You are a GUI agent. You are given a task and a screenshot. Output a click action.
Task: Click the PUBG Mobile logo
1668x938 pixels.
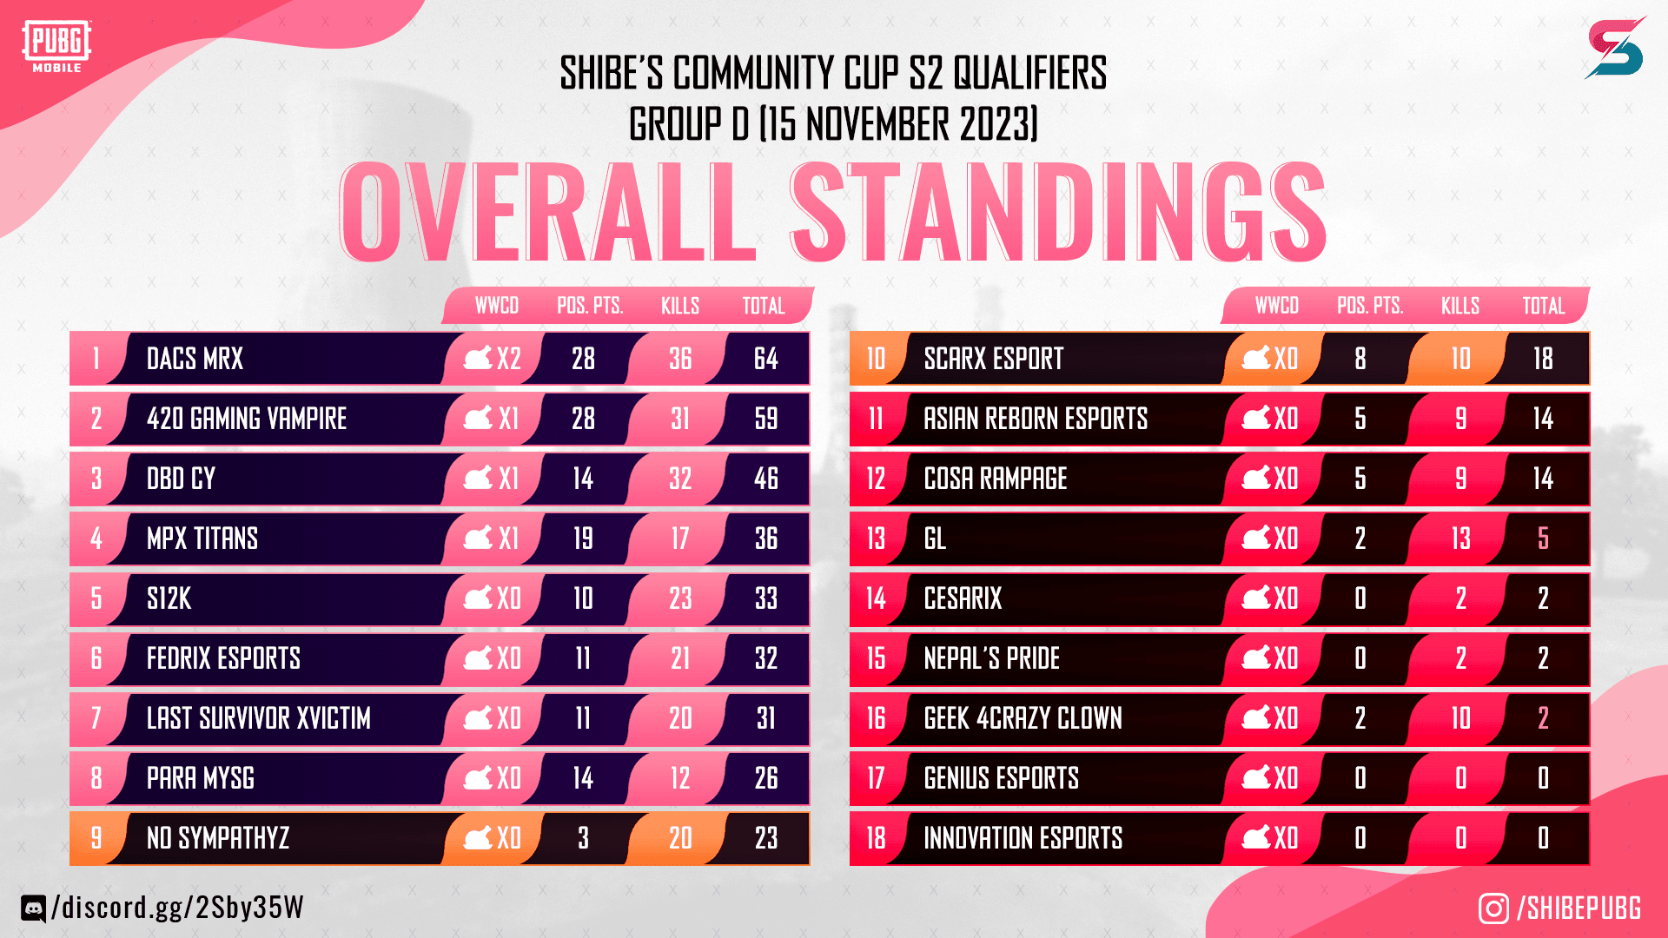pos(56,46)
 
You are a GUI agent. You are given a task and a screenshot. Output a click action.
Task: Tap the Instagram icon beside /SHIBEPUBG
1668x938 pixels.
pos(1493,908)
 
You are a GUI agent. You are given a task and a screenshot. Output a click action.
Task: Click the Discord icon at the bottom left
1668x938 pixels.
pos(33,908)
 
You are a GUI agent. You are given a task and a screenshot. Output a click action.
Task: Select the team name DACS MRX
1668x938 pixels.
pos(195,359)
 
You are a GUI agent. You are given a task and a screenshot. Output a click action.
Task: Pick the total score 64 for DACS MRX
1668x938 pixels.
pos(765,359)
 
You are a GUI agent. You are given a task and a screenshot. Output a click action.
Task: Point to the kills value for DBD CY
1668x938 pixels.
pos(680,479)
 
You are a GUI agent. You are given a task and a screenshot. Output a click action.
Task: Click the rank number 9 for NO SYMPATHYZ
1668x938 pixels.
pos(96,838)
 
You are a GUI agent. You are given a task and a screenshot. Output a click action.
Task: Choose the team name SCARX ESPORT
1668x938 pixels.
pos(993,359)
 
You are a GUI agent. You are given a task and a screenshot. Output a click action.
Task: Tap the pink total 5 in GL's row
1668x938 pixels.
pos(1543,538)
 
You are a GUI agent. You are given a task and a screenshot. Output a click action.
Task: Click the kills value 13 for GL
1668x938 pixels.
pos(1460,538)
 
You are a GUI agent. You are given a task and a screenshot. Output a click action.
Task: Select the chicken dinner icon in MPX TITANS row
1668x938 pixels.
pos(478,538)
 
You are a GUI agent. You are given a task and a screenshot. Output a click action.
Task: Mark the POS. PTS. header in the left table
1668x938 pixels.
pos(590,306)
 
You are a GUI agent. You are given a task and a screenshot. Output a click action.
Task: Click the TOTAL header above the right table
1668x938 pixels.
pos(1543,306)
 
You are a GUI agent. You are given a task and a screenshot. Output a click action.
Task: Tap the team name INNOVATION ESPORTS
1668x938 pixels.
pos(1023,838)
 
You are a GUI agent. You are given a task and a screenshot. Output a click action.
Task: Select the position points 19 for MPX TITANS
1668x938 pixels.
pos(583,538)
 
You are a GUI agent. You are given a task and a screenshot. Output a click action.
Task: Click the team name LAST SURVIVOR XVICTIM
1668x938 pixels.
pos(258,718)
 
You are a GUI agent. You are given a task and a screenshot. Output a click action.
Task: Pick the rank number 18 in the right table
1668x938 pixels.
pos(876,838)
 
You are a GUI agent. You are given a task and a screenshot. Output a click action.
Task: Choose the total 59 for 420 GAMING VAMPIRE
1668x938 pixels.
pos(765,419)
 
